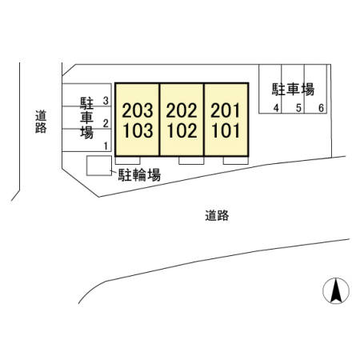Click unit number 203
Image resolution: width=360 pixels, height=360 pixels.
[x=138, y=110]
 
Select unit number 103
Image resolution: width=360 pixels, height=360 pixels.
[x=138, y=130]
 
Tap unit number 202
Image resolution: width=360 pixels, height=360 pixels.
[x=182, y=110]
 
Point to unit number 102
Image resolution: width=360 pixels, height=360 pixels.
[x=182, y=130]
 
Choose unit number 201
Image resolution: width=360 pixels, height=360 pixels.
[x=226, y=110]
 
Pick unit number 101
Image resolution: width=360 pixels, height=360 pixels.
[x=226, y=130]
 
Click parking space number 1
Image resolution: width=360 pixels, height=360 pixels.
[x=106, y=146]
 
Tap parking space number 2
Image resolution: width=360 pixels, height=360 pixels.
[x=106, y=123]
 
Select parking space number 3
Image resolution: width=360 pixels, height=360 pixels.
[x=106, y=101]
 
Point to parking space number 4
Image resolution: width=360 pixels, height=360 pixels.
[x=276, y=108]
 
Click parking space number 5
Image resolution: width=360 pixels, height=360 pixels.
[x=298, y=108]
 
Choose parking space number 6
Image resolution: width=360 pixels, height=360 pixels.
[x=322, y=108]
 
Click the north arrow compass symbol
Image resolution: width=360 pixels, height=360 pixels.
[x=336, y=290]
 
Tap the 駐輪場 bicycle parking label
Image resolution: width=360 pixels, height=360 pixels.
[x=139, y=175]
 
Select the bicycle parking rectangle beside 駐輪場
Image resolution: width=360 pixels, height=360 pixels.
[x=99, y=166]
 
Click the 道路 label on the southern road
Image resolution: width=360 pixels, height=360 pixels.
[x=217, y=215]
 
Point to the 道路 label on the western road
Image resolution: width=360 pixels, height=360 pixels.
[x=41, y=122]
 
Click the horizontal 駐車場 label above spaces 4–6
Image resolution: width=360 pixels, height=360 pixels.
[x=293, y=90]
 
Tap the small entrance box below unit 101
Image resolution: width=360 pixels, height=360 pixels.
[x=236, y=161]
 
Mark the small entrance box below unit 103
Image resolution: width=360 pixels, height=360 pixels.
[x=127, y=161]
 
